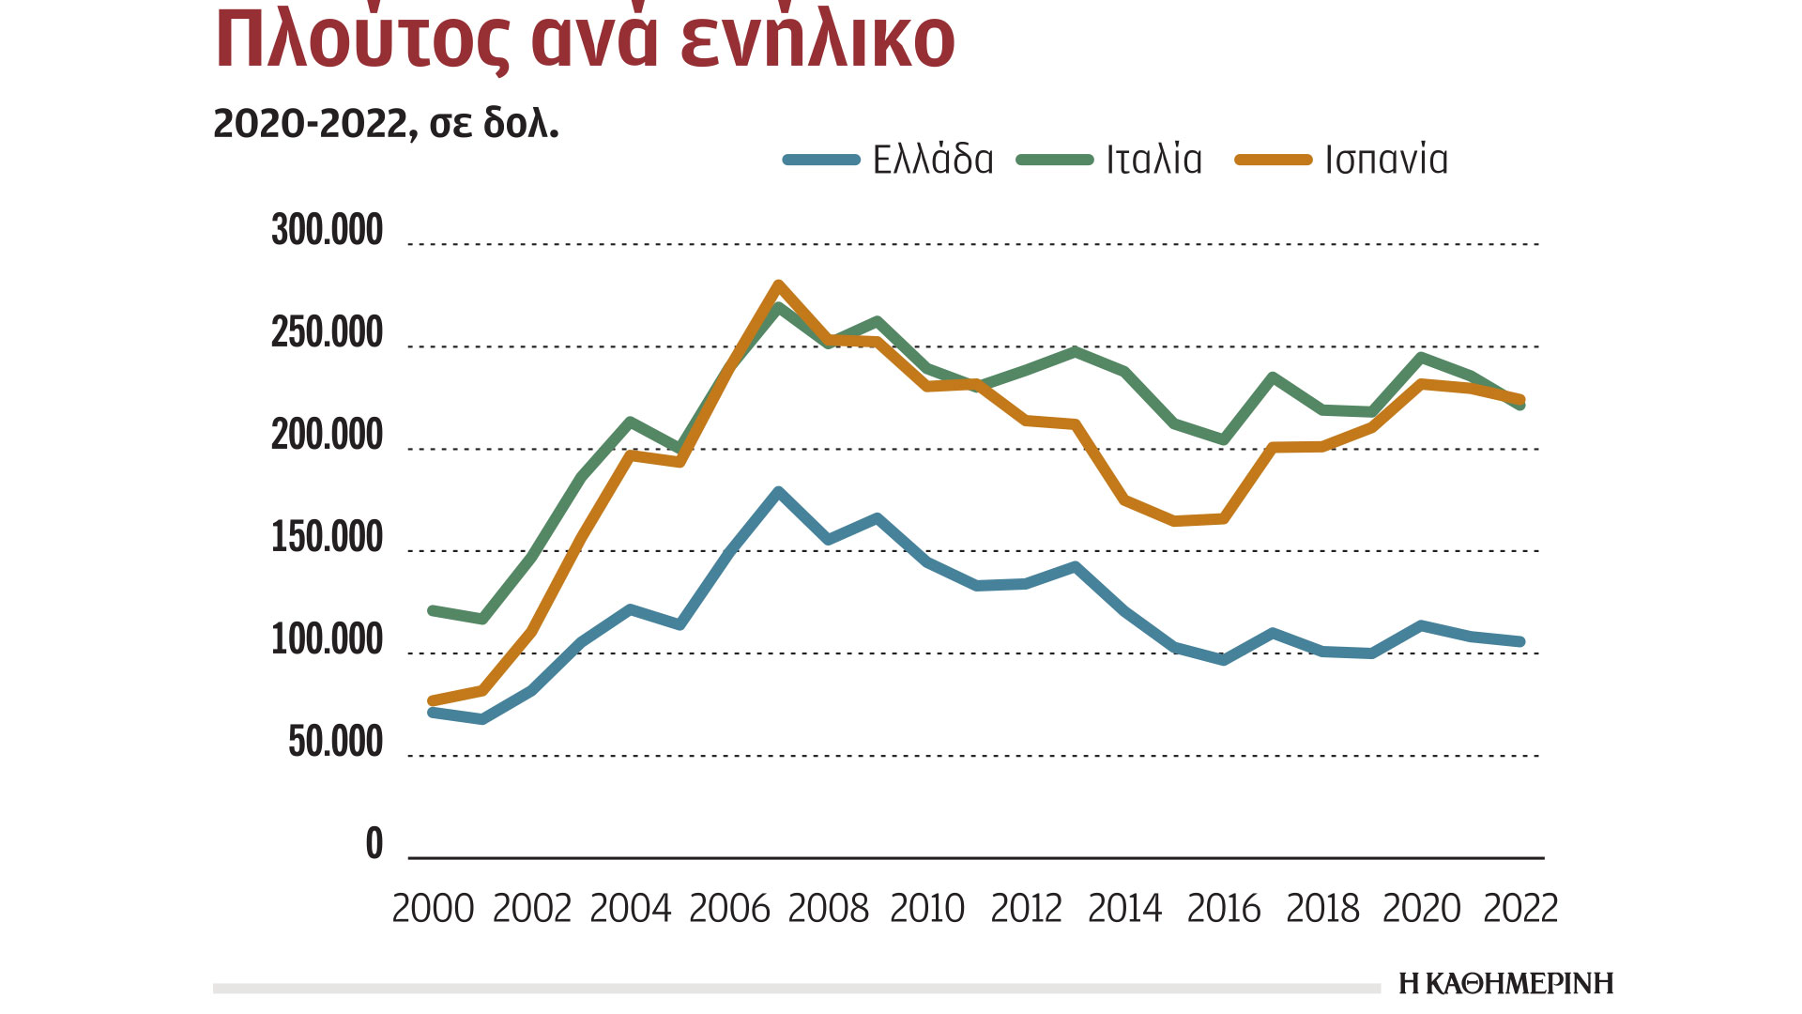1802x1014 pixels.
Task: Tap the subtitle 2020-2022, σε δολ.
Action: coord(386,124)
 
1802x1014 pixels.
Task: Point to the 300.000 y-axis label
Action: coord(328,230)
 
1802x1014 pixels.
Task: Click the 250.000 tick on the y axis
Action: coord(328,333)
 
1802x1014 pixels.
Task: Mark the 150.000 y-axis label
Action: coord(328,538)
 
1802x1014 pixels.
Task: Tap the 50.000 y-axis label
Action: coord(335,743)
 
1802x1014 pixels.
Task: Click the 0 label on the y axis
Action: coord(374,844)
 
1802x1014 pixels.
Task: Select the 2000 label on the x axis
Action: coord(433,909)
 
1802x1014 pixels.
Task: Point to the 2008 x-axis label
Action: coord(828,909)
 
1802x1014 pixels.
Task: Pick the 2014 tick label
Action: coord(1124,909)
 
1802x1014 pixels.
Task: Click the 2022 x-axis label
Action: coord(1520,909)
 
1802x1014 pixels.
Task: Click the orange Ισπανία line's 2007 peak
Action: coord(778,284)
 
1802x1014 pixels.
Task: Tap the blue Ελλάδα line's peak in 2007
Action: coord(778,492)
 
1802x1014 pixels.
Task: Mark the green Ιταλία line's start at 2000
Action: coord(433,611)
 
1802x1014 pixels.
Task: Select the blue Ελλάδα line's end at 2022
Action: coord(1520,642)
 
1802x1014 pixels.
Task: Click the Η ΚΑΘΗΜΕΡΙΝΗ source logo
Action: coord(1505,984)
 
